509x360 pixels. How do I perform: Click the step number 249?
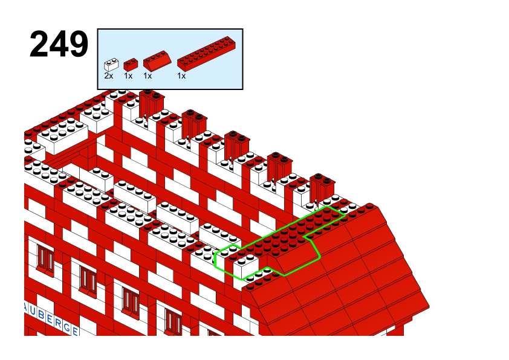[59, 44]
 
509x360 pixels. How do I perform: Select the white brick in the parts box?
[111, 65]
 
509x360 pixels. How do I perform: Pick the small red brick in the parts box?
[131, 65]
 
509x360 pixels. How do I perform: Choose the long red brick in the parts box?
[207, 54]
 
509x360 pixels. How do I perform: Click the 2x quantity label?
[109, 76]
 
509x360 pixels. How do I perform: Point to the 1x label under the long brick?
[181, 76]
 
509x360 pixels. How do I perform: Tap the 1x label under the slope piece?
[148, 76]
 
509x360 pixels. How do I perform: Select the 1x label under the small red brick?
[128, 76]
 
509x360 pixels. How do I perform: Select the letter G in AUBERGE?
[67, 327]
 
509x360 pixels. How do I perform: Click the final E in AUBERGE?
[76, 331]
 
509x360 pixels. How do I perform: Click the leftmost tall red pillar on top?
[152, 104]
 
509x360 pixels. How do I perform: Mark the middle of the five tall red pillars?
[237, 146]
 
